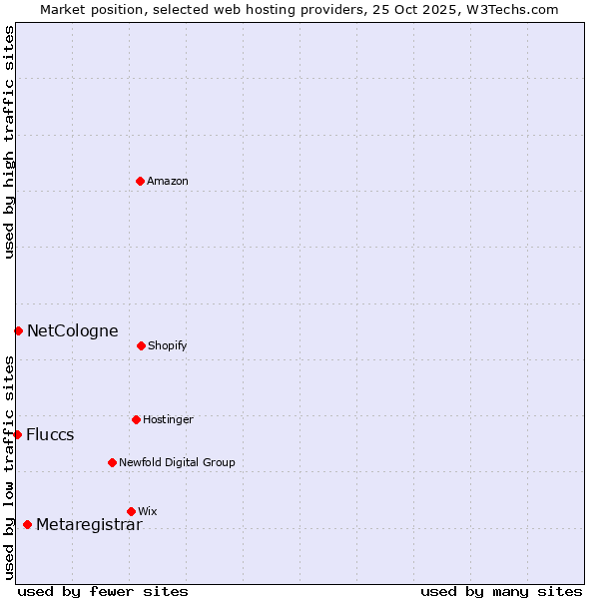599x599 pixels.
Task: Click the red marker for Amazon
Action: coord(140,181)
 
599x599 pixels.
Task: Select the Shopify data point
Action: coord(141,345)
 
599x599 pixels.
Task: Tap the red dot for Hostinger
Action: coord(136,419)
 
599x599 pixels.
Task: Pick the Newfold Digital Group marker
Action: coord(112,462)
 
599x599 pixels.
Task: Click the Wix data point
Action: coord(131,511)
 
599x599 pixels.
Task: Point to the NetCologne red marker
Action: coord(18,330)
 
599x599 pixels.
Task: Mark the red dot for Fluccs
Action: coord(17,434)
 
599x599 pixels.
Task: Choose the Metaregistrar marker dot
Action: coord(27,524)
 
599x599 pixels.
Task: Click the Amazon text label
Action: coord(168,181)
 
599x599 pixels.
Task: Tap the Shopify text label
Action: coord(168,345)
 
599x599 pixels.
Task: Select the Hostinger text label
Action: coord(168,419)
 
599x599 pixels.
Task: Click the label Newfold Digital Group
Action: coord(177,462)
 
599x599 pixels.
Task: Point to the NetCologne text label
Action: coord(73,330)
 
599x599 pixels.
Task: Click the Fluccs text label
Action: coord(50,434)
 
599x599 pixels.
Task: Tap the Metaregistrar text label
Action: coord(89,524)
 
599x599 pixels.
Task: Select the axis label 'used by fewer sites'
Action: coord(103,591)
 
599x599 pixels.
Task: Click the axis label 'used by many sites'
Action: coord(501,591)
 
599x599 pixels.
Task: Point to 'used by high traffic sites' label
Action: coord(9,142)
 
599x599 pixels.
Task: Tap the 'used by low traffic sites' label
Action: coord(9,467)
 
